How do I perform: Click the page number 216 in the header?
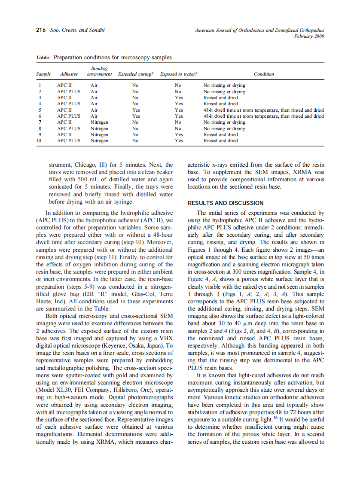coord(40,30)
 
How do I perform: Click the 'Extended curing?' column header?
coord(135,74)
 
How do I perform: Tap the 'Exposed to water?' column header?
coord(179,74)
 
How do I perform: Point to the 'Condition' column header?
coord(263,74)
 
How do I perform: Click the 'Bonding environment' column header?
coord(99,71)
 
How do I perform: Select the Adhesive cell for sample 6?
coord(69,116)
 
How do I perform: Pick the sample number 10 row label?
coord(40,140)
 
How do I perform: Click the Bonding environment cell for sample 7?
coord(99,122)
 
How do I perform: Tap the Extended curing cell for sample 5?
coord(136,110)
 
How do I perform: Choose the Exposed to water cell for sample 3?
coord(179,98)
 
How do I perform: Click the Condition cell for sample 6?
coord(263,116)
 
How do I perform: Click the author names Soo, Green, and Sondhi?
coord(77,30)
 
